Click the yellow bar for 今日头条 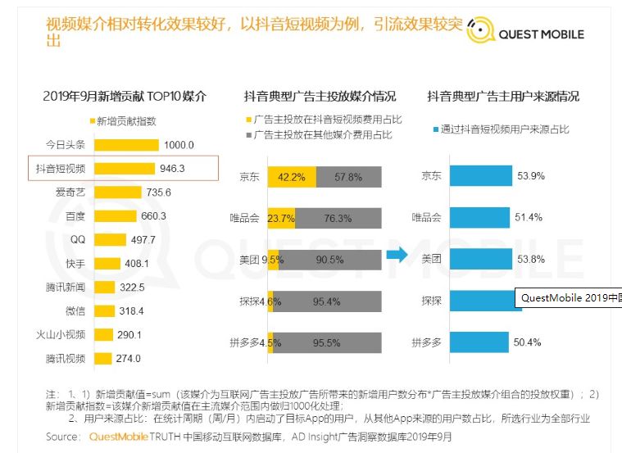[x=126, y=145]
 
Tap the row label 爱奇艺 [x=70, y=193]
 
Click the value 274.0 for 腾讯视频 [x=128, y=358]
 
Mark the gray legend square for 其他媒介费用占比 [x=249, y=134]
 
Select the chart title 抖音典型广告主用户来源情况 [x=503, y=96]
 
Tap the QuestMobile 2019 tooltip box [x=567, y=298]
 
